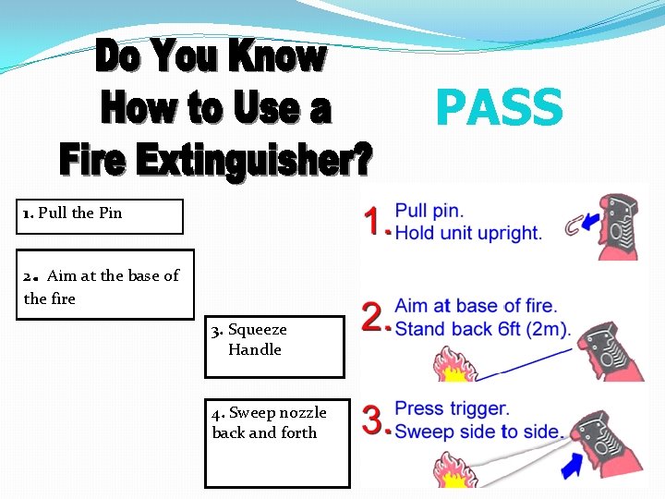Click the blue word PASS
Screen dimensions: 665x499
(499, 108)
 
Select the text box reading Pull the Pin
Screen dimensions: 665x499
(101, 216)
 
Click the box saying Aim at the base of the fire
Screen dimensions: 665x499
(104, 285)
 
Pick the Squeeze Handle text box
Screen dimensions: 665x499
(274, 347)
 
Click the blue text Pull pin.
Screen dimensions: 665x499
(429, 212)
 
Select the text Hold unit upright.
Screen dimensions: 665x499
(468, 233)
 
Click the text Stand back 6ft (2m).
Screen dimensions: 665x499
(482, 328)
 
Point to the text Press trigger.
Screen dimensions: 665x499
(452, 408)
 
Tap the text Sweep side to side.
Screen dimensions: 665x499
(478, 431)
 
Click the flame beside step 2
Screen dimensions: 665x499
(453, 365)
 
